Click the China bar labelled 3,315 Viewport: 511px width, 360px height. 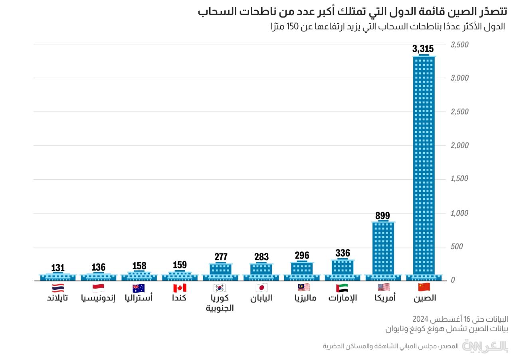pyautogui.click(x=424, y=168)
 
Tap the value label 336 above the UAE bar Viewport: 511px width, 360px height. pyautogui.click(x=343, y=253)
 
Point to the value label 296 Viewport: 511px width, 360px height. pyautogui.click(x=302, y=255)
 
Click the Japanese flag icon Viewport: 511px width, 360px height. pyautogui.click(x=261, y=288)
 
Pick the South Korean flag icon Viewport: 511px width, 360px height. pyautogui.click(x=220, y=288)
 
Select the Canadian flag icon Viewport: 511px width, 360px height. pyautogui.click(x=180, y=288)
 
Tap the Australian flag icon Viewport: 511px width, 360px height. pyautogui.click(x=139, y=288)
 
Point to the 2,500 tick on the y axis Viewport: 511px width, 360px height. pyautogui.click(x=460, y=112)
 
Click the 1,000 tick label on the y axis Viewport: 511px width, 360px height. pyautogui.click(x=460, y=213)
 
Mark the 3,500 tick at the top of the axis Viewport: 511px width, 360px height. pyautogui.click(x=460, y=45)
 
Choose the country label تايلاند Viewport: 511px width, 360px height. pyautogui.click(x=57, y=298)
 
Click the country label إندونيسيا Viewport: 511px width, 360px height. pyautogui.click(x=98, y=298)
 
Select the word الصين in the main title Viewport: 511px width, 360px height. pyautogui.click(x=459, y=11)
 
